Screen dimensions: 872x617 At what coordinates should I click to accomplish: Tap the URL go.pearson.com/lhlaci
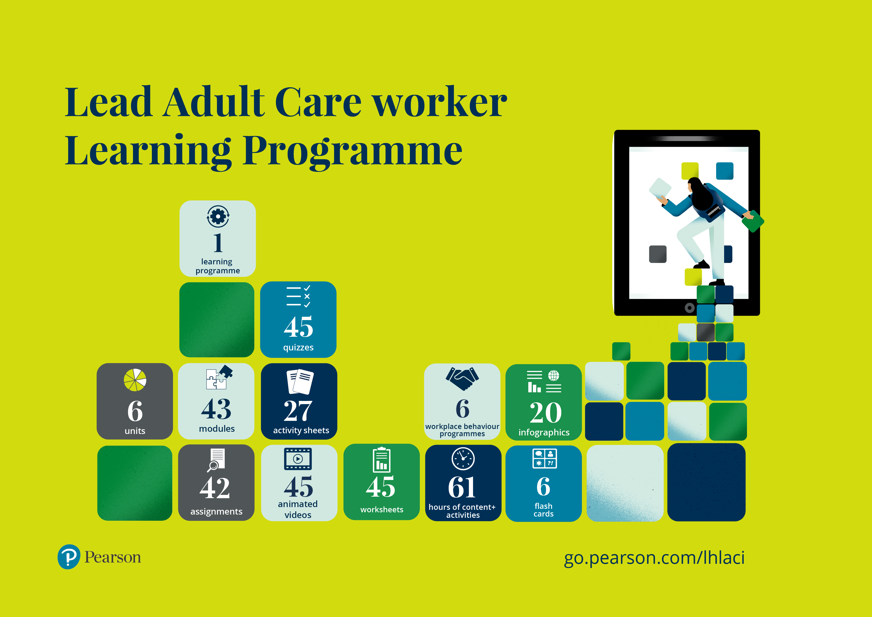pos(654,558)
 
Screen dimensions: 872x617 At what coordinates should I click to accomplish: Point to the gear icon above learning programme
pos(218,217)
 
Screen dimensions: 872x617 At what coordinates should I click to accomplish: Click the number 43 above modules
pos(216,409)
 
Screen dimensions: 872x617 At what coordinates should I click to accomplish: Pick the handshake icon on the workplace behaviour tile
pos(462,379)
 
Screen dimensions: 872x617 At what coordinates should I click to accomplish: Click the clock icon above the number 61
pos(463,459)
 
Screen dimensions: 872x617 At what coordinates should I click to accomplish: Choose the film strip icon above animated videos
pos(298,459)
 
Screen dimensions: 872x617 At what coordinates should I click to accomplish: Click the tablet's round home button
pos(689,307)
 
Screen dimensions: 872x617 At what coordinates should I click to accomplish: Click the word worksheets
pos(382,510)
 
